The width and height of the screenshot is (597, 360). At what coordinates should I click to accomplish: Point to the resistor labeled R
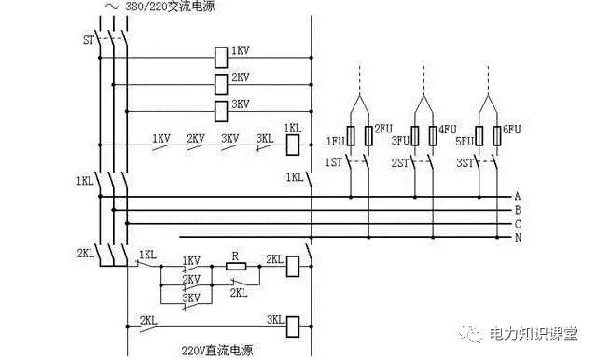tap(236, 266)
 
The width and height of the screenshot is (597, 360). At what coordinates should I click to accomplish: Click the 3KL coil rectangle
tap(292, 325)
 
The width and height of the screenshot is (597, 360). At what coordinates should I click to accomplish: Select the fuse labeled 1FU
tap(350, 136)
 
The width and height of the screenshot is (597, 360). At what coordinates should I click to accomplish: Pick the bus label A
tap(517, 197)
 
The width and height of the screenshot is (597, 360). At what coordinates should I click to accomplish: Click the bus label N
tap(517, 238)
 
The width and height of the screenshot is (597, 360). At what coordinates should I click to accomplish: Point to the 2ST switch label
tap(400, 163)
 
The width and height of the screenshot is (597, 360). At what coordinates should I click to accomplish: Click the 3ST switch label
tap(465, 163)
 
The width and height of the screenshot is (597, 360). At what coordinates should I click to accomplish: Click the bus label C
tap(517, 224)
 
